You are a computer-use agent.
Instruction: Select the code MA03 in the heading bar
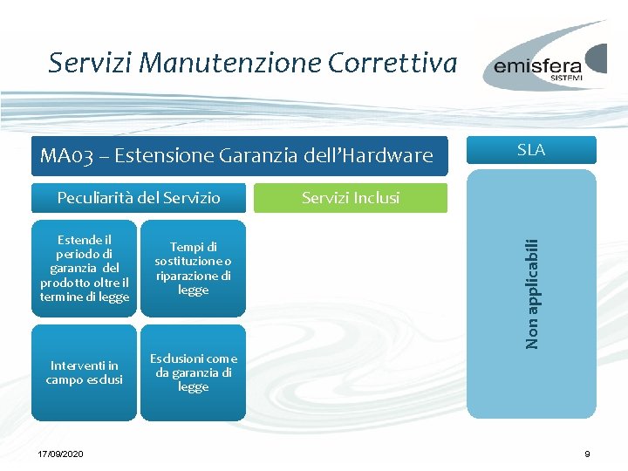(x=65, y=156)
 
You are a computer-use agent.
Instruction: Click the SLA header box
(x=531, y=150)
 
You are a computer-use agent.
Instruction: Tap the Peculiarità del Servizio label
(x=139, y=198)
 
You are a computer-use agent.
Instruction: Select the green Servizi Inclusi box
(x=350, y=198)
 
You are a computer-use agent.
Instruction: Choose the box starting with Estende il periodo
(x=85, y=269)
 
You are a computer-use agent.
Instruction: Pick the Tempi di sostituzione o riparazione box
(x=193, y=269)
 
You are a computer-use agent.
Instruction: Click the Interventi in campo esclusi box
(x=85, y=372)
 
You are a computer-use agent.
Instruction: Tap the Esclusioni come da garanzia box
(x=193, y=372)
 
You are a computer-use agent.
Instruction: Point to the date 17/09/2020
(x=61, y=454)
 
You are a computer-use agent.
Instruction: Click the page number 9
(x=587, y=454)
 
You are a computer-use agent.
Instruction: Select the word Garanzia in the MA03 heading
(x=262, y=156)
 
